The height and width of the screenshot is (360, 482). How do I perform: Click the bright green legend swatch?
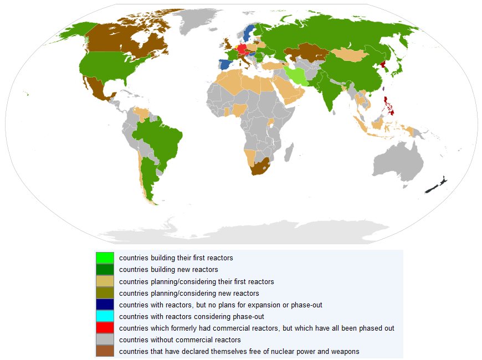point(104,258)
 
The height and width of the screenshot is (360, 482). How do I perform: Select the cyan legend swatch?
point(104,316)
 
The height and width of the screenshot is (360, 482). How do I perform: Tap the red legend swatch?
point(104,328)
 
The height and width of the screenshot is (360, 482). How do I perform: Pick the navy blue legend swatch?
point(104,305)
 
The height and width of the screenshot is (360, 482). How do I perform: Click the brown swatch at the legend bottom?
point(104,351)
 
